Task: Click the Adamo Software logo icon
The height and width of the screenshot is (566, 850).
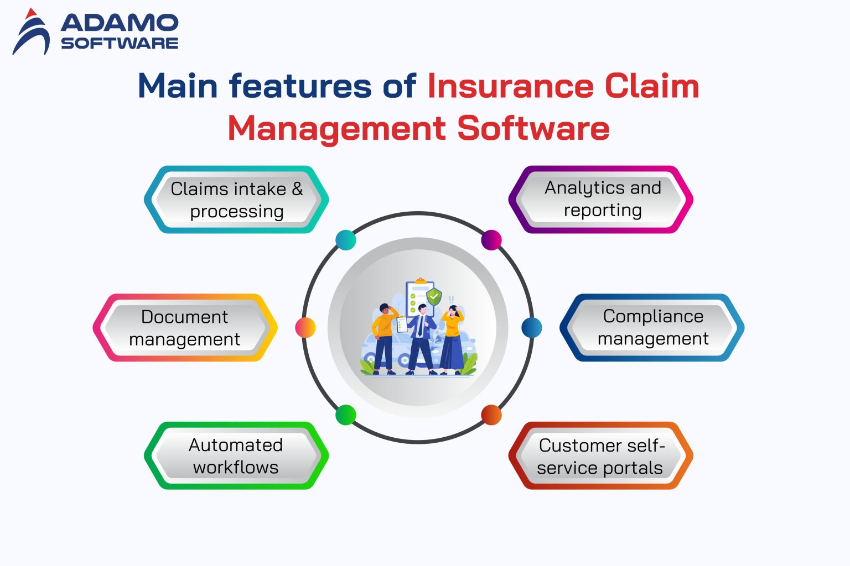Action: (31, 32)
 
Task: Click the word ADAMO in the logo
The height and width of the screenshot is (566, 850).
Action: (119, 23)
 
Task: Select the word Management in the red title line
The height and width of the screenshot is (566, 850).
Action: (336, 128)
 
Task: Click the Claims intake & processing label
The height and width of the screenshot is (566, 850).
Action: (236, 200)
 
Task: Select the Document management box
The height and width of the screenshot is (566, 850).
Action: (185, 328)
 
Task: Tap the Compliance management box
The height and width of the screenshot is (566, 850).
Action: (652, 327)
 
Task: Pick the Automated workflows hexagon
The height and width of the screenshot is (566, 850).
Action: (236, 455)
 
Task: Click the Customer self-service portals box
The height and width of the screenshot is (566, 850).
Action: (600, 456)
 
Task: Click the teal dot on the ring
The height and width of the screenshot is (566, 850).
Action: (346, 240)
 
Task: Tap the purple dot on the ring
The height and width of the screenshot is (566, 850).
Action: (491, 240)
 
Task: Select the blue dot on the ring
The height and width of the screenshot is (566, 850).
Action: (532, 328)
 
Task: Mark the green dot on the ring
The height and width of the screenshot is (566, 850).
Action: (346, 415)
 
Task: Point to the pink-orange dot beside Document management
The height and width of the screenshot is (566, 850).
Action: (305, 328)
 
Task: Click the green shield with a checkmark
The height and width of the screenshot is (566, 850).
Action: (435, 296)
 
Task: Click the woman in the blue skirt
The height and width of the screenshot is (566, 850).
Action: (452, 340)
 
